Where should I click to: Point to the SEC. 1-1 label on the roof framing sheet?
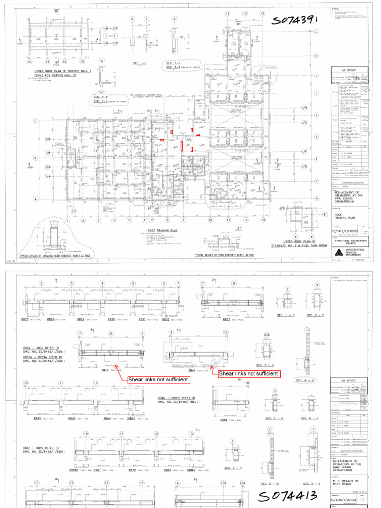coord(140,63)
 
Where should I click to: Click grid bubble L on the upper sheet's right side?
coord(316,31)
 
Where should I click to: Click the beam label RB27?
coord(25,320)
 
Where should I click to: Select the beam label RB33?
coord(226,320)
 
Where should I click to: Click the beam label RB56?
coord(223,419)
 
